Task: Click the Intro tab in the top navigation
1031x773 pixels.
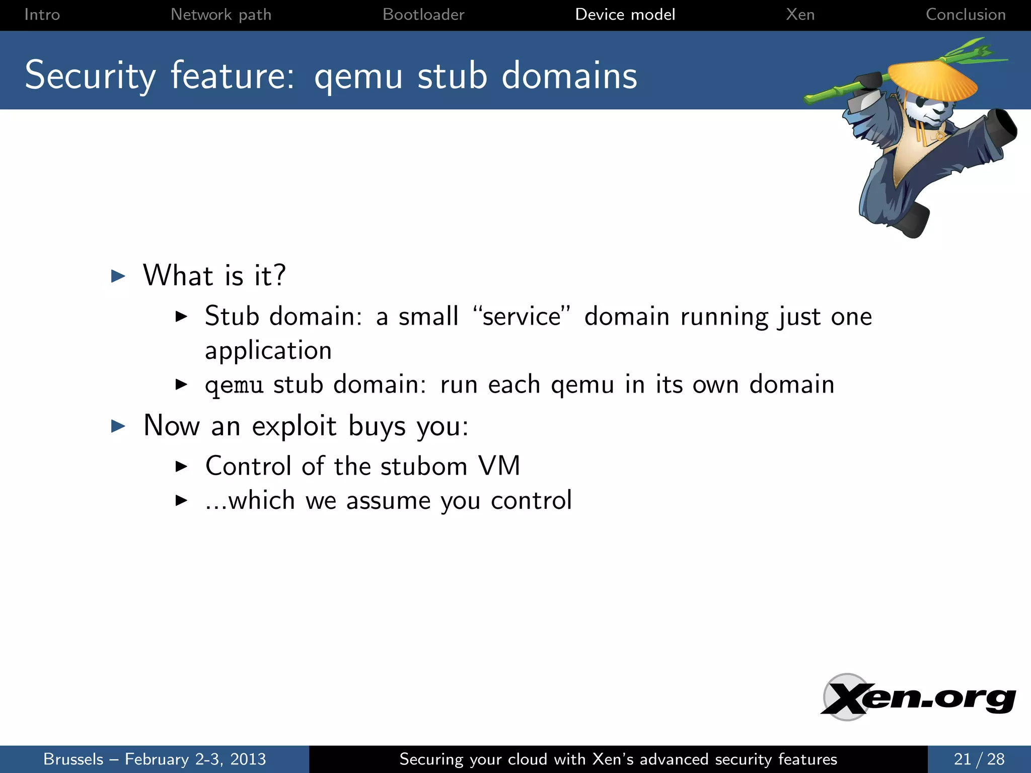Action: [42, 15]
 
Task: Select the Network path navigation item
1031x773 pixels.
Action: [221, 15]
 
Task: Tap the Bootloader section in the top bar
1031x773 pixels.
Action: [423, 15]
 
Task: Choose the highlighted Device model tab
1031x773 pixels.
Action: [625, 15]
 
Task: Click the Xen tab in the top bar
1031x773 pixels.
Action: [800, 15]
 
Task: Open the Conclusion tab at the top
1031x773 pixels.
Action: [966, 15]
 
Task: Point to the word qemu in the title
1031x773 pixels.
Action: [358, 76]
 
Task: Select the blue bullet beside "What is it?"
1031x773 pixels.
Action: [118, 276]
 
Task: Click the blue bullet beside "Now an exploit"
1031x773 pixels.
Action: [118, 426]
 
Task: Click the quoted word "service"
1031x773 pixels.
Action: [522, 317]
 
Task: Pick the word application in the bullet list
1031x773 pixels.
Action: [268, 351]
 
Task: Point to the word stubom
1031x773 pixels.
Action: [424, 466]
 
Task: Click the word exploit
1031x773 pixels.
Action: [294, 426]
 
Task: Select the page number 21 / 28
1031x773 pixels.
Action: [979, 759]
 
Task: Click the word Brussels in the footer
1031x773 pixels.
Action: [73, 759]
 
